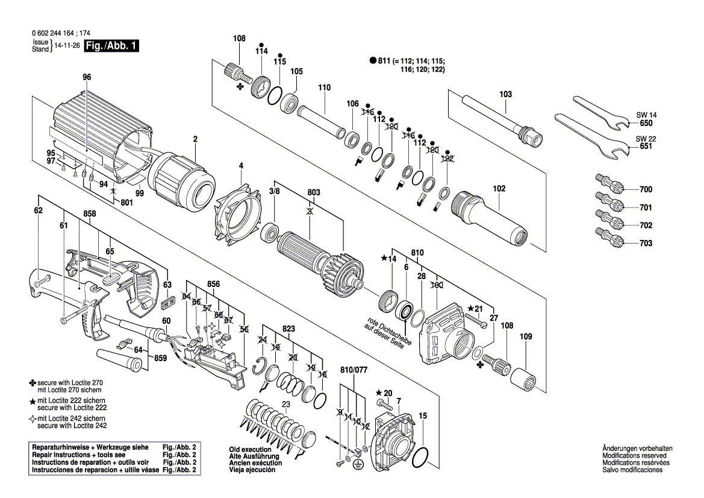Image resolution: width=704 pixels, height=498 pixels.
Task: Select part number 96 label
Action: coord(86,77)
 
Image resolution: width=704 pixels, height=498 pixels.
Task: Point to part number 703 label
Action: coord(646,243)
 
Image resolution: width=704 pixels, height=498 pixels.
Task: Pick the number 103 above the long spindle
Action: coord(505,94)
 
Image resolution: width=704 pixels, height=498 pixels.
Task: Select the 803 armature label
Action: coord(313,192)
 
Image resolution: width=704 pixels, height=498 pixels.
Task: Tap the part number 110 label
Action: coord(325,87)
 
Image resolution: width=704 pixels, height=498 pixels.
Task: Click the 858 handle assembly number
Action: coord(90,213)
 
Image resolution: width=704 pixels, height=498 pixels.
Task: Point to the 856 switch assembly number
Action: coord(213,283)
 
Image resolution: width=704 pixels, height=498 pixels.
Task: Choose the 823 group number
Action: coord(289,329)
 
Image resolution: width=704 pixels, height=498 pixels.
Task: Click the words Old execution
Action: coord(249,449)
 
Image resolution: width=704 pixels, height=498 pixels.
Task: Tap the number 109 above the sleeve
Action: coord(526,336)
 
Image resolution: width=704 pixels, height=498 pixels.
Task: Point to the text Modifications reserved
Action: coord(632,456)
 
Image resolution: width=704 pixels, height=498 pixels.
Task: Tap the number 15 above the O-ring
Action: coord(423,415)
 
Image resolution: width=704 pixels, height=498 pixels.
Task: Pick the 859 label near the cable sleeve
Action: coord(160,357)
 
